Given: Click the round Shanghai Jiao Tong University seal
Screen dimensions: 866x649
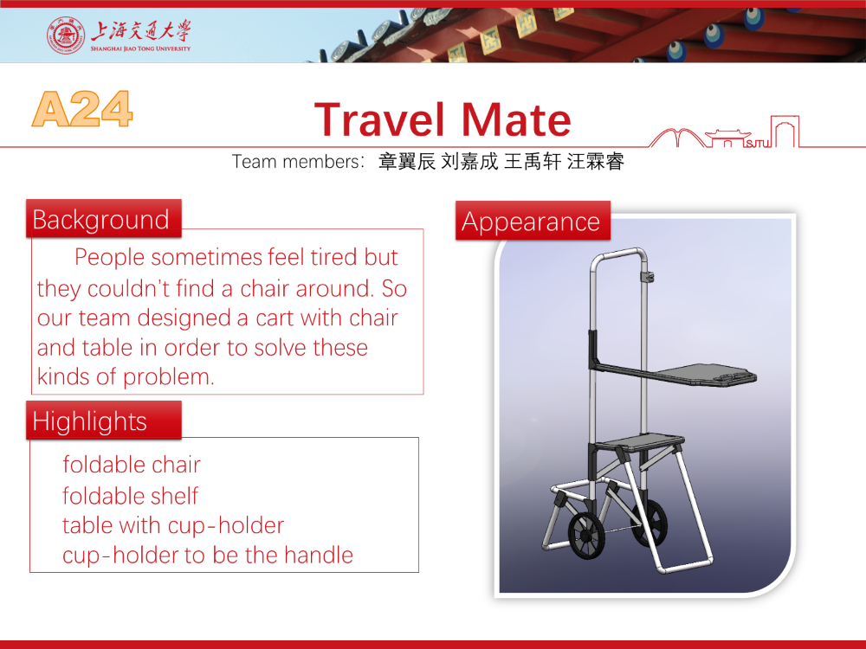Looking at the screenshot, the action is pos(66,35).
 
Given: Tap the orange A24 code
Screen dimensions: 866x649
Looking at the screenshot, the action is pos(82,109).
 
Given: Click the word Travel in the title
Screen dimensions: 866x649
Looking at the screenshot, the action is pos(379,119).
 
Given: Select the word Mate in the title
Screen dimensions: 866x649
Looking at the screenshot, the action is pos(515,119).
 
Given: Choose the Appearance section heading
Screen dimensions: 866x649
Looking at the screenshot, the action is pos(533,222).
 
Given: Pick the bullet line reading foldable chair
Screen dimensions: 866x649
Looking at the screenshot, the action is pos(132,465).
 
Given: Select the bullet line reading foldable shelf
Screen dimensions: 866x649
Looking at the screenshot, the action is pos(131,496).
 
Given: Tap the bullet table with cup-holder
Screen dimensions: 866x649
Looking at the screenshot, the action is pos(173,525).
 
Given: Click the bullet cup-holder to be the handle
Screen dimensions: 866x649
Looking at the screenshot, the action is pos(208,556).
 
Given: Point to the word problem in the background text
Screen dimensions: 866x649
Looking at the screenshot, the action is pos(169,377).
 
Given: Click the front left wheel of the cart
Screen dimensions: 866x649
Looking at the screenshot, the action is pos(585,536).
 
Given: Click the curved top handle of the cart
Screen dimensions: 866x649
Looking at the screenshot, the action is pos(619,254).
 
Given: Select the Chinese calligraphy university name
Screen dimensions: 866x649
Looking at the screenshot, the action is pos(141,31).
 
